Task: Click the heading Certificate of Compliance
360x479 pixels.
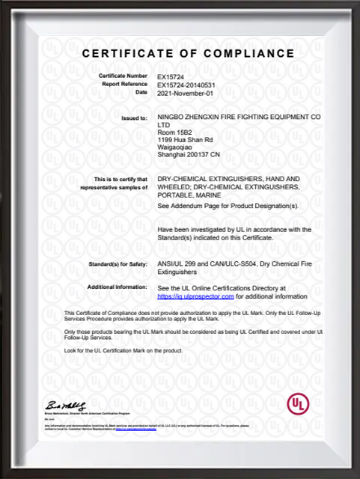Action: point(188,54)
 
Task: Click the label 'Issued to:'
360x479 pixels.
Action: point(134,118)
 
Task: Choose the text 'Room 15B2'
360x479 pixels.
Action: point(176,132)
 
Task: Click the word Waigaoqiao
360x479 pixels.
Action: point(177,147)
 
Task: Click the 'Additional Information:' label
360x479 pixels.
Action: point(118,287)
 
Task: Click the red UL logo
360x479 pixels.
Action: point(297,403)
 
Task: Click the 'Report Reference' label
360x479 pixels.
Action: point(124,85)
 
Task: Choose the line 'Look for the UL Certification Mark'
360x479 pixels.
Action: point(123,350)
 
